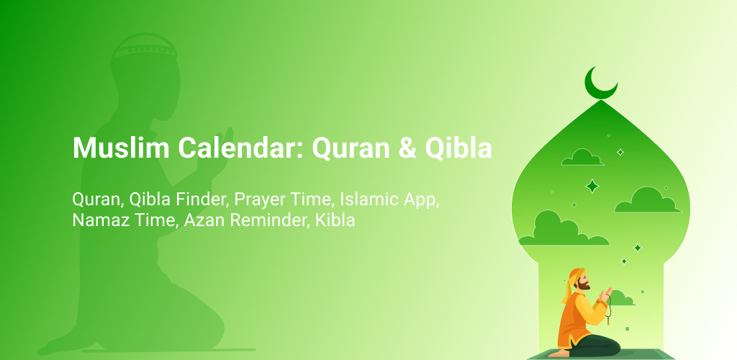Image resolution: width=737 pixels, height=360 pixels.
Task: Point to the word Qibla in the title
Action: (458, 148)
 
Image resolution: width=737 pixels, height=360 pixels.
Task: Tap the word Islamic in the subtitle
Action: (363, 199)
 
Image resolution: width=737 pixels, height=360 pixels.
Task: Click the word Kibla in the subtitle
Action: (335, 220)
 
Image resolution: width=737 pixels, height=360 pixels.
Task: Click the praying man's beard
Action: (584, 285)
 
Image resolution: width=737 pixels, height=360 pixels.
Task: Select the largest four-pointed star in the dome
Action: (592, 186)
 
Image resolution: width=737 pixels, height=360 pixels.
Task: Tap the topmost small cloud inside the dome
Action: (583, 158)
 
